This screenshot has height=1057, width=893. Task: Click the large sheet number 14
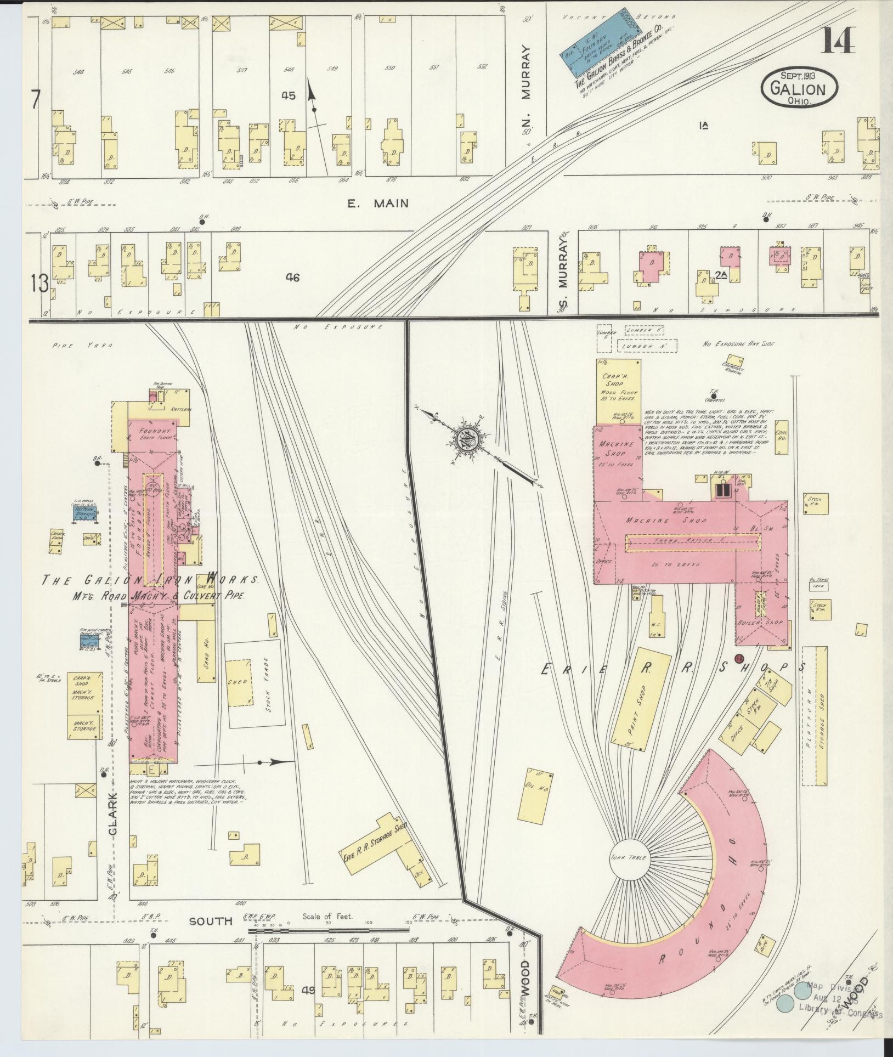[x=837, y=39]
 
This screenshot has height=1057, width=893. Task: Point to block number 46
[x=292, y=278]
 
